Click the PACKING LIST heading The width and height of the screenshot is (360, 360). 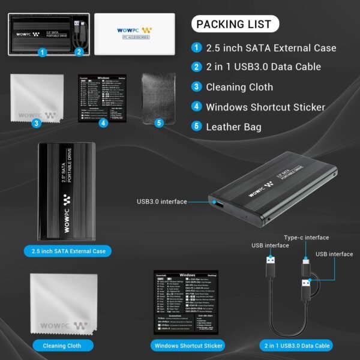235,25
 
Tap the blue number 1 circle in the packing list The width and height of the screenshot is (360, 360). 197,48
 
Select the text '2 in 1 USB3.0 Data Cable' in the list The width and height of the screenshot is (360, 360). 263,67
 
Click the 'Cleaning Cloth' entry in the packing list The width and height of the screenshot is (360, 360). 239,87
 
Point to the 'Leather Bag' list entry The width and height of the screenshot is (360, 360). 233,127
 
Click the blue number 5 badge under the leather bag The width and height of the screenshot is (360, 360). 159,123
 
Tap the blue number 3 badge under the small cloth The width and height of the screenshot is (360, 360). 37,123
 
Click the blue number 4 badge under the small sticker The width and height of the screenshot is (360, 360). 103,123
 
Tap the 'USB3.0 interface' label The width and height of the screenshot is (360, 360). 161,202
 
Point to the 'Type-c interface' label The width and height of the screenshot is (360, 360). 306,238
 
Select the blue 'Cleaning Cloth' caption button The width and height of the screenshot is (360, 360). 62,346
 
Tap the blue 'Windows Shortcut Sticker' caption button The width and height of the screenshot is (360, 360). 188,346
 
